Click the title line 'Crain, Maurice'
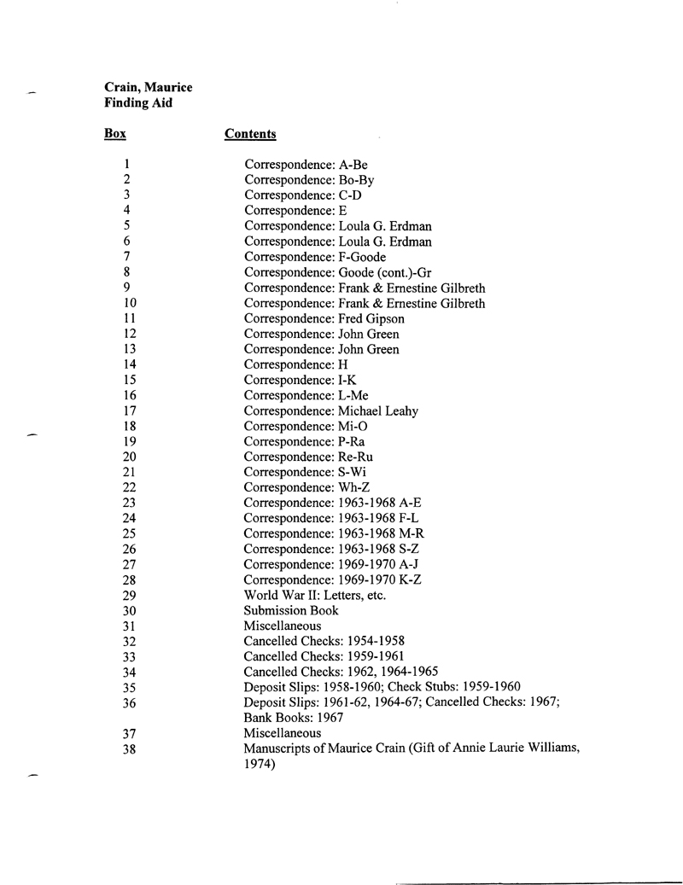click(x=148, y=87)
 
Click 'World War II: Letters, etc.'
click(x=315, y=595)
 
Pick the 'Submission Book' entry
click(x=291, y=610)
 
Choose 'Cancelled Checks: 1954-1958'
click(x=324, y=641)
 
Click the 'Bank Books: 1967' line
click(x=294, y=718)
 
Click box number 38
click(x=130, y=749)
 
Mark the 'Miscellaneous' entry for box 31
click(x=283, y=626)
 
